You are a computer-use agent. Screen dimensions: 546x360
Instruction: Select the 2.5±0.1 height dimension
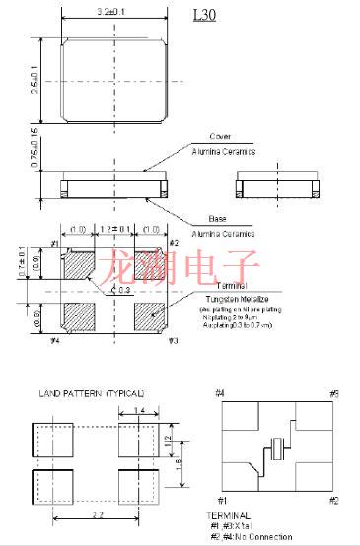click(34, 79)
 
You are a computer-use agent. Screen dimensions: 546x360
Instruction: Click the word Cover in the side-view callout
click(220, 137)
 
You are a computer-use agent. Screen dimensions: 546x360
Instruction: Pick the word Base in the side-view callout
click(218, 218)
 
